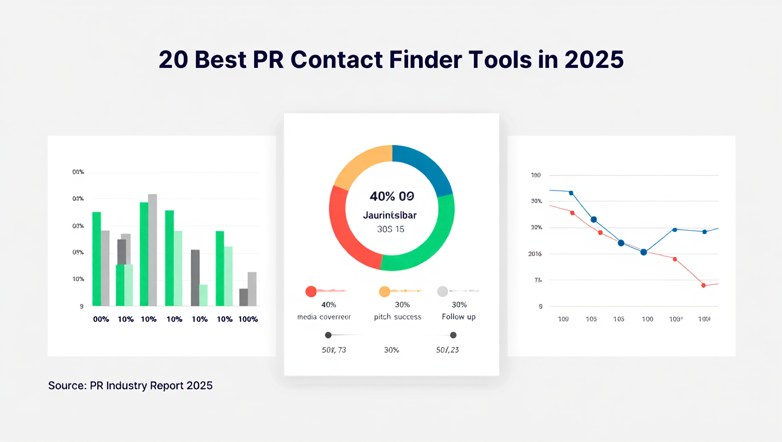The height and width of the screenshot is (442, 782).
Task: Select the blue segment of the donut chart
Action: coord(424,167)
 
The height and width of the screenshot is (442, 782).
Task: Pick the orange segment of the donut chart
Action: coord(359,167)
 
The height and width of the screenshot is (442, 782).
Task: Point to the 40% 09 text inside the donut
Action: coord(392,196)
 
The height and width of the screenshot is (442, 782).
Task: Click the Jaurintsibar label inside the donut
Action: coord(390,215)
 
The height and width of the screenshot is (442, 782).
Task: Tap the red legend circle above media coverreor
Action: coord(311,291)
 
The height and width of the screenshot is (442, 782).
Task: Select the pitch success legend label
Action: coord(397,317)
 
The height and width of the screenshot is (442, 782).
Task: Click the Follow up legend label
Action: coord(458,317)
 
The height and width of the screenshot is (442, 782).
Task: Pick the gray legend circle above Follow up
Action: coord(442,291)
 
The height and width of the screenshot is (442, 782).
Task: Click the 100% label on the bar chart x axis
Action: coord(248,319)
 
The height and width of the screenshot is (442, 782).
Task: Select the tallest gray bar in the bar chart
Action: coord(152,250)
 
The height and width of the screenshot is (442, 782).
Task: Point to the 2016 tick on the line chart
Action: coord(536,254)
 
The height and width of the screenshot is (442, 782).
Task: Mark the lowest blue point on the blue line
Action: coord(643,252)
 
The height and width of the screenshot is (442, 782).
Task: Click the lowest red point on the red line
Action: coord(703,285)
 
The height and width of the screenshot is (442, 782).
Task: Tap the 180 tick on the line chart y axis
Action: coord(536,175)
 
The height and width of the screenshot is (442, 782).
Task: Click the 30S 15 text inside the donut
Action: coord(390,229)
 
